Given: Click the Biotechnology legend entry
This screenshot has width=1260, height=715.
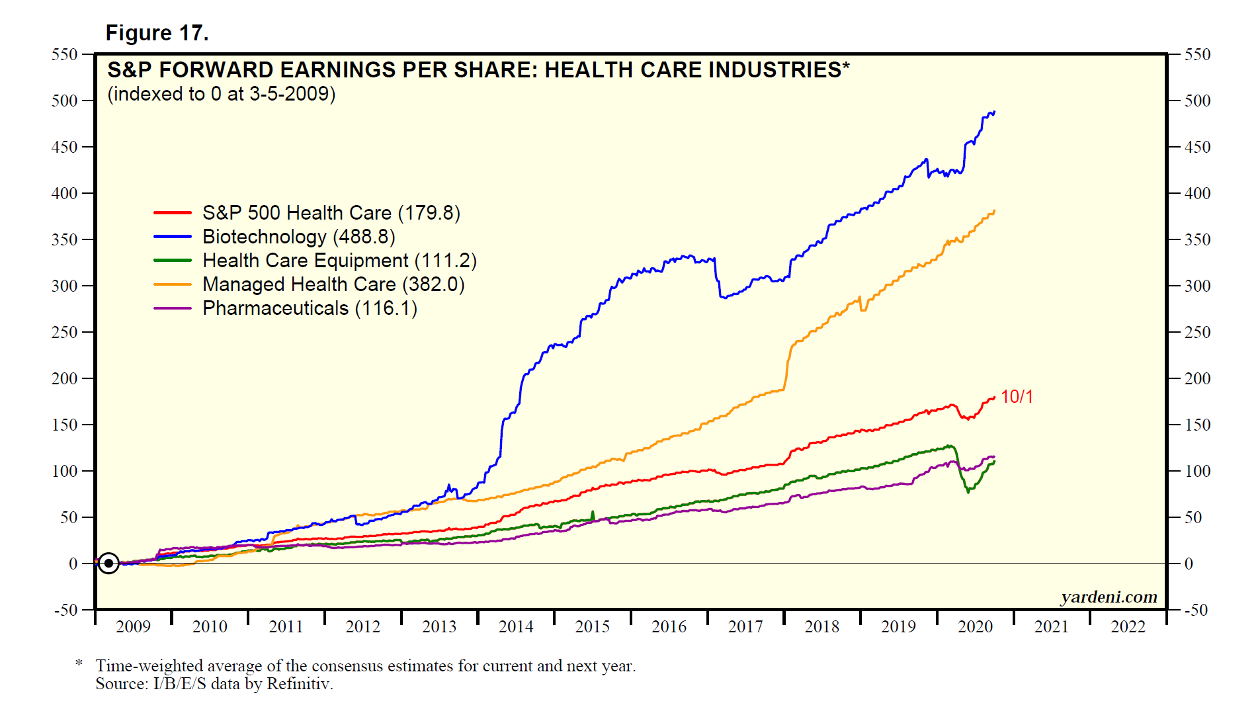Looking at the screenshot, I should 298,237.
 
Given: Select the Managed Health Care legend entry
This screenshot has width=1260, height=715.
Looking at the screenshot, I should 333,284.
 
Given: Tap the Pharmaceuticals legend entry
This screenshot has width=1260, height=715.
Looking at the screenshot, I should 310,308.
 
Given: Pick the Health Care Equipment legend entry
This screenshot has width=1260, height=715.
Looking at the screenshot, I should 339,261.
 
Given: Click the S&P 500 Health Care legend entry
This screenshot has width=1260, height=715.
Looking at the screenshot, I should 331,213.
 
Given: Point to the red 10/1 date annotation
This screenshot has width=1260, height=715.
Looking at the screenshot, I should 1017,397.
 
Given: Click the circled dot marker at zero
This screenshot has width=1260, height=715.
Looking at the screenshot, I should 108,564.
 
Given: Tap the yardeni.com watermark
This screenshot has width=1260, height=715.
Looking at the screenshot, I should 1109,597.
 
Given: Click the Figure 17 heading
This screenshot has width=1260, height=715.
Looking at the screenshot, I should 157,33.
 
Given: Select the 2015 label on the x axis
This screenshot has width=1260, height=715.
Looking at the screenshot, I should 592,627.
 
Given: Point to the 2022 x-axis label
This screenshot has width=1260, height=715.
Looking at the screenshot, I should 1128,627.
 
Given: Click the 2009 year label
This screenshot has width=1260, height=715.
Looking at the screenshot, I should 133,627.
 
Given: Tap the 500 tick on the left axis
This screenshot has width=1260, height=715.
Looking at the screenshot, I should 65,101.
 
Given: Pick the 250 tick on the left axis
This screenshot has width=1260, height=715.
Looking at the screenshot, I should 65,332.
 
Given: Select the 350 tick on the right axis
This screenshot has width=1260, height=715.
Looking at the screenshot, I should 1197,239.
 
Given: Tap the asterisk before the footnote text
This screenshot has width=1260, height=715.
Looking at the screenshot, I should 79,663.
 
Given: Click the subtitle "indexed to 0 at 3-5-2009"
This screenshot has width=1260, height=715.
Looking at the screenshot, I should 222,94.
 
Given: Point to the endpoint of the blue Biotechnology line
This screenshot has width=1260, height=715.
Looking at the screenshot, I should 994,112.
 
